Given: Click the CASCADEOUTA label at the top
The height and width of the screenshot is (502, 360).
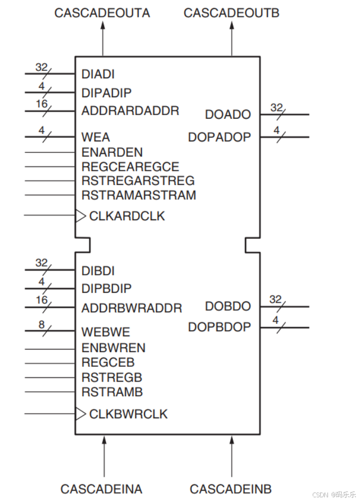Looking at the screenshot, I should [102, 13].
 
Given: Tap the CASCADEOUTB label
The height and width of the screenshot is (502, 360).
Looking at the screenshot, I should [231, 13].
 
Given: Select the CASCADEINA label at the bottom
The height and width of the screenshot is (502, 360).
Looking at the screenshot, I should [101, 489].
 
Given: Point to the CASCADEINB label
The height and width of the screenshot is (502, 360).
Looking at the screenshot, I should [231, 489].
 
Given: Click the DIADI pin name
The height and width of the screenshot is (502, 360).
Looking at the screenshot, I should [98, 75].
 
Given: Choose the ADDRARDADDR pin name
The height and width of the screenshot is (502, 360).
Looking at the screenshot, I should [130, 111].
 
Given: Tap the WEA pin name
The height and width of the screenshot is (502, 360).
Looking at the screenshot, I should [96, 137].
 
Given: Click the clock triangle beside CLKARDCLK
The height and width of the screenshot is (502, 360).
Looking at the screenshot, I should [80, 216].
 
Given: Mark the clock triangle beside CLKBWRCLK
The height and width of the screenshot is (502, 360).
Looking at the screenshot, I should [80, 414].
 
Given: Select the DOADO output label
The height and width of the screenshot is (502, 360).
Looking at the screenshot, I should [228, 115].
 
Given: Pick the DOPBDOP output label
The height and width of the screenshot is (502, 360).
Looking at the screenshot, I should [219, 327].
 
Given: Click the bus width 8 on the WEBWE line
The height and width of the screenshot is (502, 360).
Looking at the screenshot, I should [42, 325].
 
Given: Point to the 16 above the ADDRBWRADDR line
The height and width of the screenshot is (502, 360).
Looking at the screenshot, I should [42, 301].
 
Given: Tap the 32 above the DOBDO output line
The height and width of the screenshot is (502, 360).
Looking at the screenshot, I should [275, 300].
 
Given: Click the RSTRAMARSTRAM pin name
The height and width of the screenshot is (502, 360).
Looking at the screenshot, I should [139, 195].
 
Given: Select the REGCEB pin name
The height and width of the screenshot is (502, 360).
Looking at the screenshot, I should [108, 363].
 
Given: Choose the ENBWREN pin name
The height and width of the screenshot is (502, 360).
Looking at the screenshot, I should [114, 348].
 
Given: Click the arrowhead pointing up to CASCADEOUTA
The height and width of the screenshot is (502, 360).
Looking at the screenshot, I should [102, 26].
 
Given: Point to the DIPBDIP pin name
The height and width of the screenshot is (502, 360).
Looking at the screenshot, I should [107, 289].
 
